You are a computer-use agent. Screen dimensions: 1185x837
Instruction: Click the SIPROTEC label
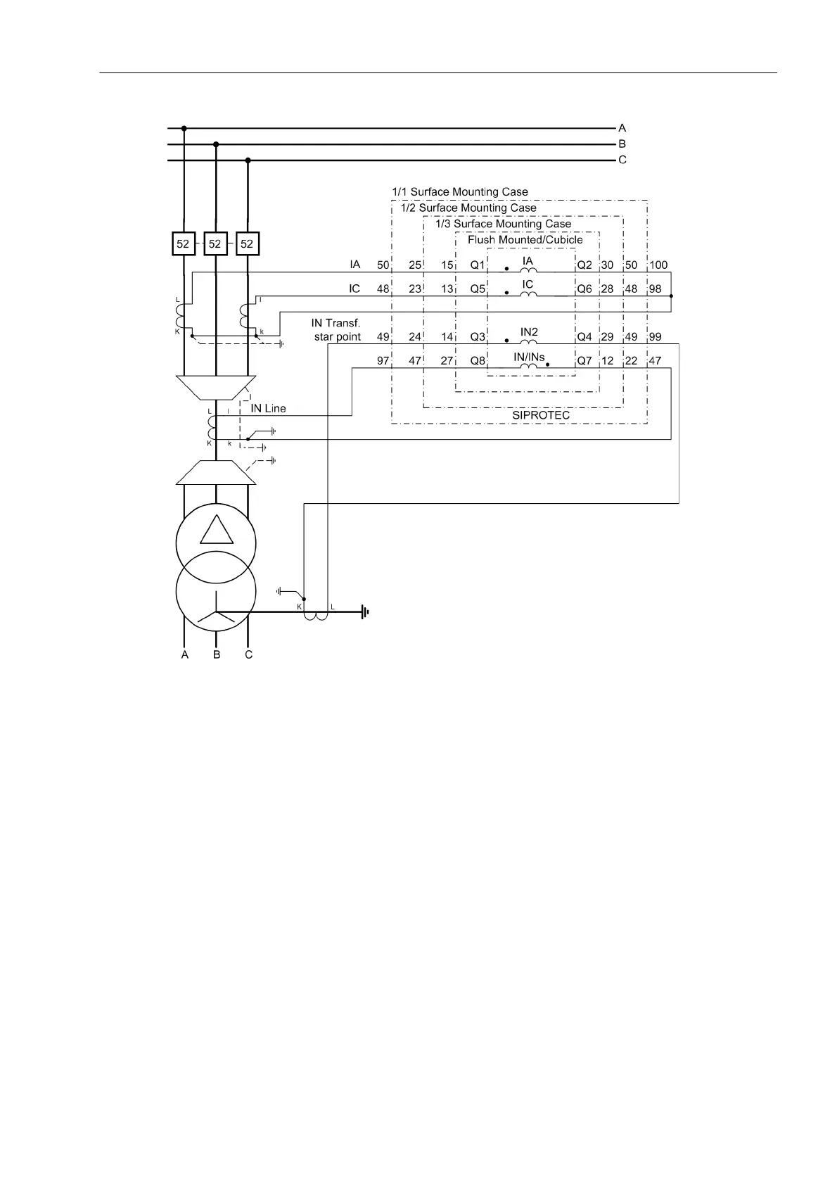[x=541, y=415]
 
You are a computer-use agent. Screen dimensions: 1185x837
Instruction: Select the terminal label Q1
[x=478, y=265]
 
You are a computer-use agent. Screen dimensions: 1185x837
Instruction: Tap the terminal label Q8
[x=478, y=360]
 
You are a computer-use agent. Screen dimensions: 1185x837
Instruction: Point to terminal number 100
[x=658, y=265]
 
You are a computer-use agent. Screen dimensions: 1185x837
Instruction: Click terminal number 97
[x=383, y=360]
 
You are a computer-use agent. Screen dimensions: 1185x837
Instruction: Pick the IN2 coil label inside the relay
[x=529, y=331]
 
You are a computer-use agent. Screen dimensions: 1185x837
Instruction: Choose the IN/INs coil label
[x=529, y=357]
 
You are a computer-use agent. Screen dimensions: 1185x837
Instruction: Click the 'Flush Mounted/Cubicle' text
[x=525, y=239]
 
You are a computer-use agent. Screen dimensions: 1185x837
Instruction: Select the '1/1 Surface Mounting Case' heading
[x=460, y=191]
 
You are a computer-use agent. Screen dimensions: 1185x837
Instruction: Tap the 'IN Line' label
[x=268, y=408]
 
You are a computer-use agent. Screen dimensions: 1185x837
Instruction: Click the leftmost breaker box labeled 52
[x=183, y=243]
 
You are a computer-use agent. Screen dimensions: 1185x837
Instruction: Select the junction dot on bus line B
[x=216, y=144]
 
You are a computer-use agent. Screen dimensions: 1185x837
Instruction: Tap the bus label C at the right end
[x=622, y=160]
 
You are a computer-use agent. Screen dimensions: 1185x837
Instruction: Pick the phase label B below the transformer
[x=217, y=654]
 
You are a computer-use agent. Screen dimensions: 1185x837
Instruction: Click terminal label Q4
[x=584, y=336]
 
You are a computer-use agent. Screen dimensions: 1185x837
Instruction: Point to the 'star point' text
[x=338, y=336]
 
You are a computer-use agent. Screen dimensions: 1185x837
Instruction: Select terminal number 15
[x=447, y=265]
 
